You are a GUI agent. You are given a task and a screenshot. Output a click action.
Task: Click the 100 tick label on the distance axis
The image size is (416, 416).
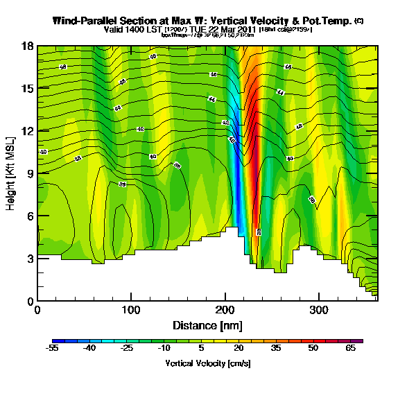click(x=131, y=311)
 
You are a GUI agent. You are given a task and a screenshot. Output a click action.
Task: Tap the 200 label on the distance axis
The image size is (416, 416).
click(x=225, y=311)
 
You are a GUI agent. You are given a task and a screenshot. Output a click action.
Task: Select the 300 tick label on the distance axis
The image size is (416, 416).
click(x=318, y=311)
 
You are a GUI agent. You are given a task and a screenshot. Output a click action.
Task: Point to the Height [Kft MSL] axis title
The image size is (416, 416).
click(x=12, y=173)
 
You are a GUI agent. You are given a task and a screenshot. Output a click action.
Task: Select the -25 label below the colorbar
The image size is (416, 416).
click(x=127, y=349)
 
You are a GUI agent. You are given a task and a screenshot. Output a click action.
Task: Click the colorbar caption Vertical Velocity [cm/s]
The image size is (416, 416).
click(x=207, y=363)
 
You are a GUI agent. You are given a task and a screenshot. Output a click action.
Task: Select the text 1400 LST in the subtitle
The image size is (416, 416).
click(x=136, y=30)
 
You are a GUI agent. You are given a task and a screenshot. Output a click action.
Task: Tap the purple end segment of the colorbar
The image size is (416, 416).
click(x=358, y=341)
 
